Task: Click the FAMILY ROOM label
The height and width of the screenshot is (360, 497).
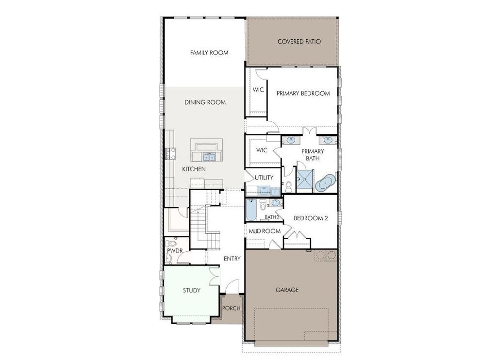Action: click(x=209, y=53)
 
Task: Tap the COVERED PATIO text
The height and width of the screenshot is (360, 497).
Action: click(x=299, y=42)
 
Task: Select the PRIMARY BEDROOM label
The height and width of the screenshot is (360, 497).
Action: click(x=303, y=93)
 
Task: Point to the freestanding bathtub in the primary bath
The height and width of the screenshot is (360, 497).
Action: click(x=325, y=183)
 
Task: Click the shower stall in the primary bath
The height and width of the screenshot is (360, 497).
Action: click(x=305, y=180)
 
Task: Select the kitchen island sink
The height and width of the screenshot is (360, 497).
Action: click(x=210, y=157)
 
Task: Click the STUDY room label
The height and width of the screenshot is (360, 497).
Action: click(x=191, y=291)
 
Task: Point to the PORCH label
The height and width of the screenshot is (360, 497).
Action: click(x=232, y=308)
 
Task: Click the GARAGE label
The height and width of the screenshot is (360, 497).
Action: click(x=287, y=290)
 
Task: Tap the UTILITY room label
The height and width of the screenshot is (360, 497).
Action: click(x=264, y=178)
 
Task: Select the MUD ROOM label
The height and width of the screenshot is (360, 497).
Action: click(x=265, y=231)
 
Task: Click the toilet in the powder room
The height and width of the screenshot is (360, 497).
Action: click(x=171, y=243)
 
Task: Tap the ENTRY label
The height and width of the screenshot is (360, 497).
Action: click(x=232, y=259)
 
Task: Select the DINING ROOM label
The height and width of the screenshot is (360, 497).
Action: click(x=205, y=102)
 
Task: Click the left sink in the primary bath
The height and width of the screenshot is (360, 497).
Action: click(x=290, y=141)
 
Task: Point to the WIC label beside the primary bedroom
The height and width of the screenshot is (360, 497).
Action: click(x=257, y=90)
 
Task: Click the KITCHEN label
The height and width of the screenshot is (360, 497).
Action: click(x=194, y=169)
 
